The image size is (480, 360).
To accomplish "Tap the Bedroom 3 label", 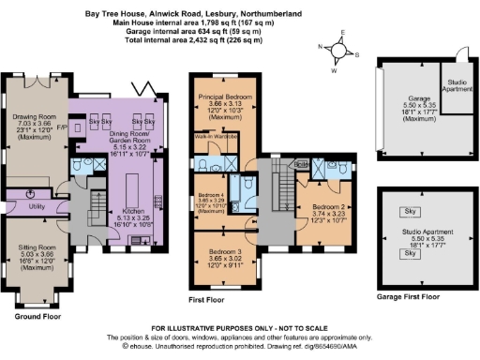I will click(x=223, y=251).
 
